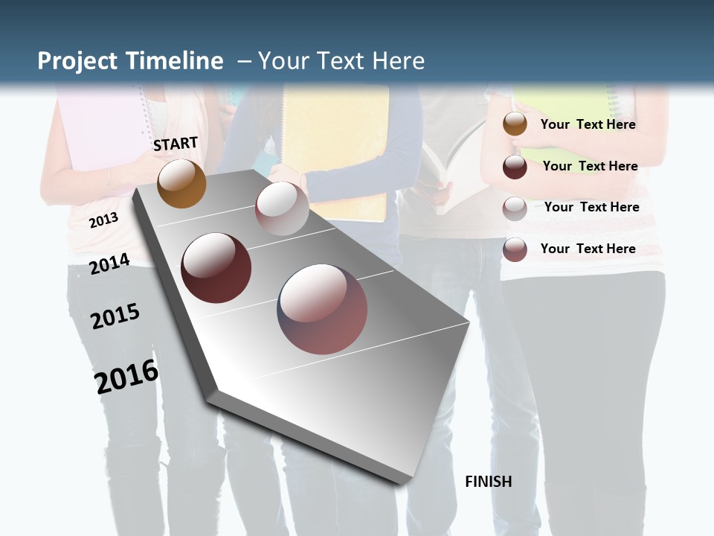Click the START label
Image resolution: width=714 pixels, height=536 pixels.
pos(176,144)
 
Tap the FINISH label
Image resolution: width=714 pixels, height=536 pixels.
pos(488,482)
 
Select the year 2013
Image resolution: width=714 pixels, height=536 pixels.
pos(103,220)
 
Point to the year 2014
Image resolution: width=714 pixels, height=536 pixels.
pos(110,264)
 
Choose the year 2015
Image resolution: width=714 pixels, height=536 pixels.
pos(115,316)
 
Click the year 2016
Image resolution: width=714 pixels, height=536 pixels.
pos(126,376)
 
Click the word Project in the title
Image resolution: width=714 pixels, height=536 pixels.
pos(77,61)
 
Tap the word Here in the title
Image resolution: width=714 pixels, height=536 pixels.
pos(399,61)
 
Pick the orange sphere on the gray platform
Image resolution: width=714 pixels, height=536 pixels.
pos(181,183)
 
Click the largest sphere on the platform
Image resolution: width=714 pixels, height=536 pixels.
pos(322,309)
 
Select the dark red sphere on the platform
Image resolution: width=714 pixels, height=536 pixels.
pos(216,267)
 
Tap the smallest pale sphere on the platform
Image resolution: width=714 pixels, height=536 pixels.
pos(281,208)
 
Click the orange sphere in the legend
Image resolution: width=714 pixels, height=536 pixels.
pos(515,124)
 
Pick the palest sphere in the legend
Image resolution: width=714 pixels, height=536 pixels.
pos(515,208)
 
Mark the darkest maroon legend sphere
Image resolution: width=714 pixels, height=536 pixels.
pos(515,167)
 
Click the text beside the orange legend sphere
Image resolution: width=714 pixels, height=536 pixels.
pos(588,124)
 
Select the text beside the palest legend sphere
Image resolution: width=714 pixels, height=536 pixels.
pos(591,207)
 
